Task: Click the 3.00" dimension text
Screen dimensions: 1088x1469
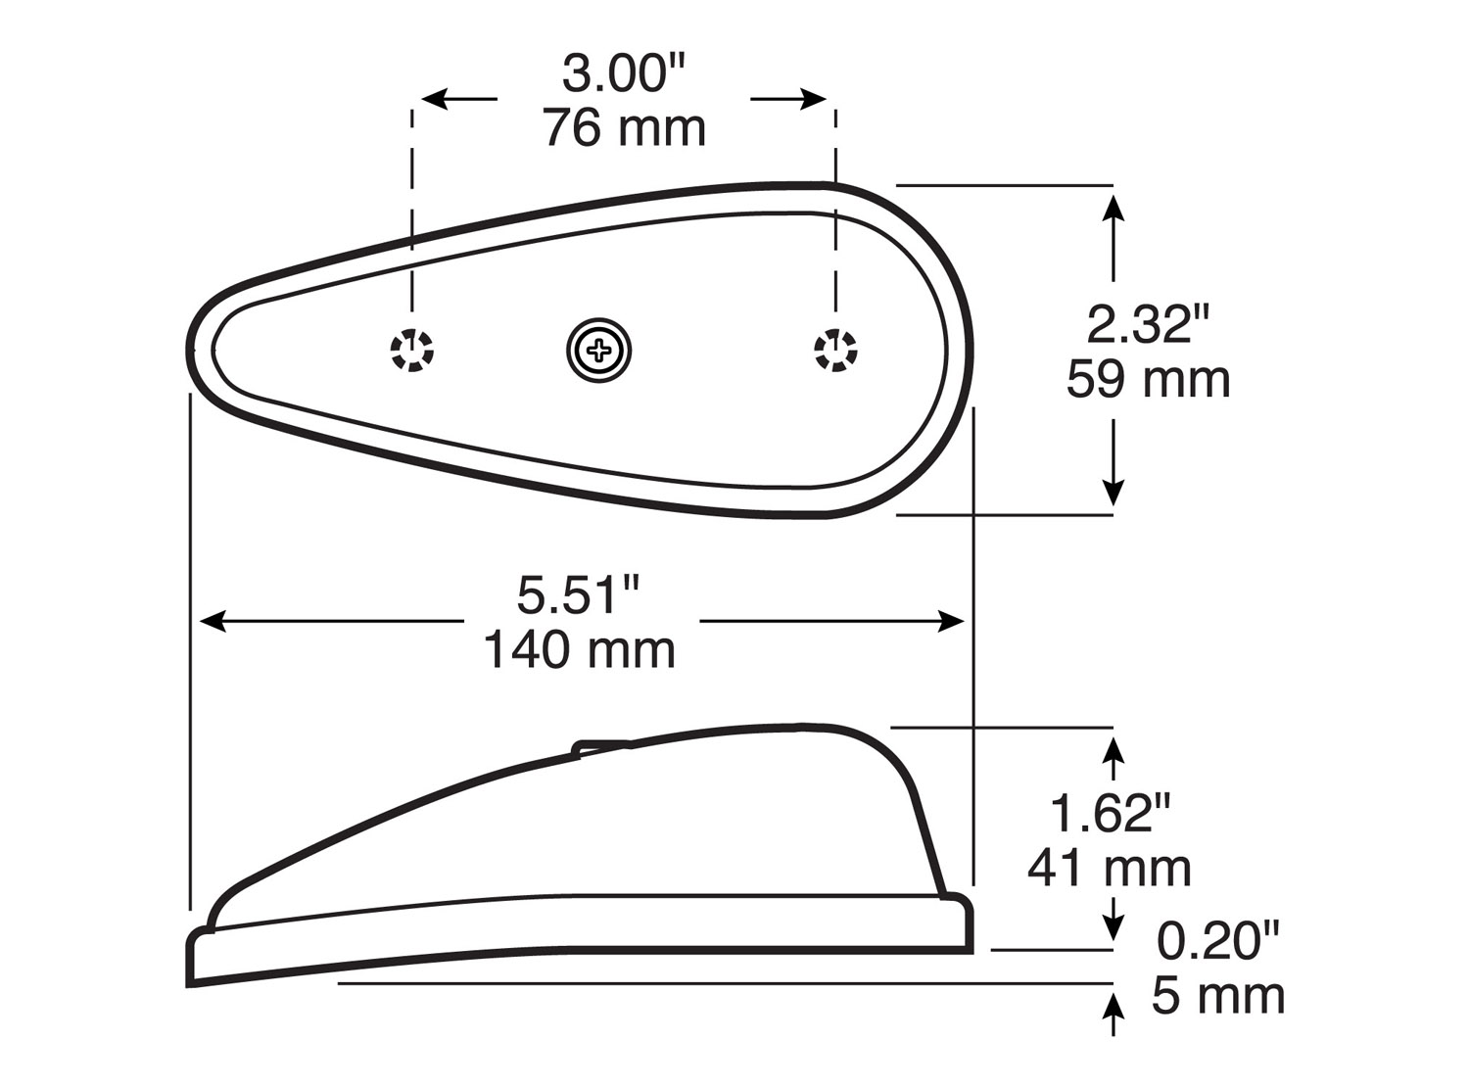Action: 624,74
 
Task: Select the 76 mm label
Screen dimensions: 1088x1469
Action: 624,128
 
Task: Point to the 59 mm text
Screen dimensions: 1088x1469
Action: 1148,379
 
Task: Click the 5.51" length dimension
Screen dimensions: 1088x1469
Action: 579,594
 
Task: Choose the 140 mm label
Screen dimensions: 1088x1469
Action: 579,649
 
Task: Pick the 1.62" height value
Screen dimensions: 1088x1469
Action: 1110,813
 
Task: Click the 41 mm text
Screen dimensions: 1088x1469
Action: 1110,868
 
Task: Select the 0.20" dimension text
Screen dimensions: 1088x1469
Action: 1217,941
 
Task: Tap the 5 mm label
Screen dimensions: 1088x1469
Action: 1217,996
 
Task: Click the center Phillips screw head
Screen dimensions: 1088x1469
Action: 598,350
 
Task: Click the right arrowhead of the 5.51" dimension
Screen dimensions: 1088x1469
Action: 953,621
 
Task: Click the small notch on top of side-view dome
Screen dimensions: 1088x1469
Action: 601,747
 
